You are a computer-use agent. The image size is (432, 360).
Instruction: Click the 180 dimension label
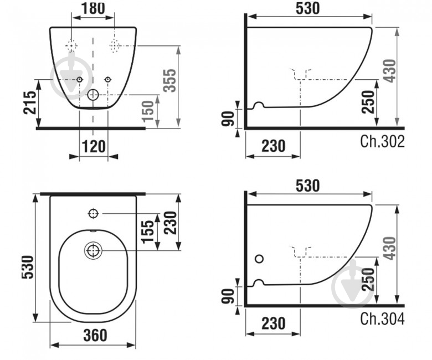pyautogui.click(x=93, y=8)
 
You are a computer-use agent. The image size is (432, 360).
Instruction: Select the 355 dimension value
pyautogui.click(x=169, y=80)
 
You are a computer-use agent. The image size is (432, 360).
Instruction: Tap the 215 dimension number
pyautogui.click(x=29, y=102)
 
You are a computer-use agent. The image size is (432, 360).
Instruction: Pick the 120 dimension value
pyautogui.click(x=94, y=146)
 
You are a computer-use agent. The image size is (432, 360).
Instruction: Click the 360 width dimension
pyautogui.click(x=95, y=335)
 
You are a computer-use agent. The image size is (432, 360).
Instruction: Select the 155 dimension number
pyautogui.click(x=148, y=232)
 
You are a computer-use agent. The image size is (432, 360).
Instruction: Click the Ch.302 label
pyautogui.click(x=382, y=141)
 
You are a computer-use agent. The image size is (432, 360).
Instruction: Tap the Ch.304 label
pyautogui.click(x=382, y=318)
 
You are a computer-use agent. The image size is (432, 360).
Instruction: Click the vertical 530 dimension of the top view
pyautogui.click(x=28, y=267)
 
